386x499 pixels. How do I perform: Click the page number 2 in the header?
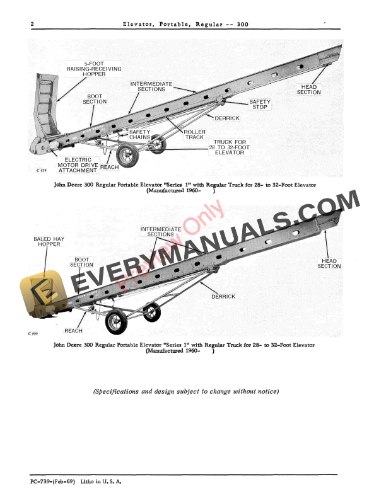[x=32, y=25]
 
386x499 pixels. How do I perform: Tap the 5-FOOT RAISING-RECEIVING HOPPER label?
[x=94, y=69]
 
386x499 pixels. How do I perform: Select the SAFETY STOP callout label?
[x=259, y=105]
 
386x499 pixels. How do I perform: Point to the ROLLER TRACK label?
[x=195, y=134]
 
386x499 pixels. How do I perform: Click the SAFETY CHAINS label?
[x=140, y=134]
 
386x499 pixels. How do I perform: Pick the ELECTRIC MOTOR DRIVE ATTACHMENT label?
[x=78, y=165]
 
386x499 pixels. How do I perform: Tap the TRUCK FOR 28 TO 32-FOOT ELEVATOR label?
[x=230, y=147]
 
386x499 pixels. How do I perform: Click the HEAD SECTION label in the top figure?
[x=309, y=89]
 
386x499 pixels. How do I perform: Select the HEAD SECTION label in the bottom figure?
[x=329, y=263]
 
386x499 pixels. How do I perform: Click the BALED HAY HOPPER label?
[x=48, y=241]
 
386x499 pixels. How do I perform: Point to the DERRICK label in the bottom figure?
[x=223, y=296]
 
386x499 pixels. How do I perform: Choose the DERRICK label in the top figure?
[x=227, y=118]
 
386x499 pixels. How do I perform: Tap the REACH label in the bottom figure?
[x=73, y=331]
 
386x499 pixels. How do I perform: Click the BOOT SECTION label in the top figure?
[x=95, y=98]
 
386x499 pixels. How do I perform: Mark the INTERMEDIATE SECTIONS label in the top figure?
[x=148, y=86]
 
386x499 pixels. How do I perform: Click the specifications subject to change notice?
[x=186, y=391]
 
